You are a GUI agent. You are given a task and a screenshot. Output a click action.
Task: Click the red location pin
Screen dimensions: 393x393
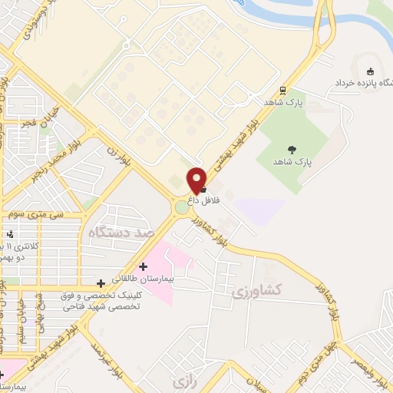click(x=197, y=179)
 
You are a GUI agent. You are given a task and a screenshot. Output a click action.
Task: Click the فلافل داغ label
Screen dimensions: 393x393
click(x=205, y=200)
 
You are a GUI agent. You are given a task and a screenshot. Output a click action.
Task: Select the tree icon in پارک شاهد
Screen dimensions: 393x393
click(x=292, y=150)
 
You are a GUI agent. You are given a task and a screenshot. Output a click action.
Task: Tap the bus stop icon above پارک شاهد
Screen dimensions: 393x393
click(x=283, y=90)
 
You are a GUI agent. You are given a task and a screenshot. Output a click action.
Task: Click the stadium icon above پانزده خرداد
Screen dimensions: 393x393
click(x=371, y=71)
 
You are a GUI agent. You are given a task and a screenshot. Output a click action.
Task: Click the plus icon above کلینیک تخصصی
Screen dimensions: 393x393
click(x=101, y=283)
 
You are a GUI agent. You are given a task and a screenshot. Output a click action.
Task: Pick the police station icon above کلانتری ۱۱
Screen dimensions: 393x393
click(x=10, y=234)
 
